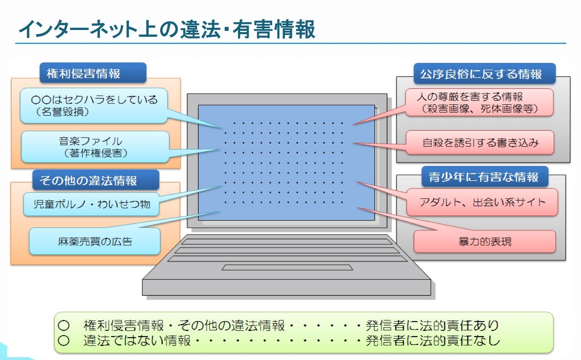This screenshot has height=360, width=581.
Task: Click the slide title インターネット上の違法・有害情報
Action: pyautogui.click(x=167, y=29)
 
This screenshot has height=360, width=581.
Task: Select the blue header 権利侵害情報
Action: pyautogui.click(x=93, y=73)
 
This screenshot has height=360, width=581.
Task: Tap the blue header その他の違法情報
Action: pyautogui.click(x=96, y=180)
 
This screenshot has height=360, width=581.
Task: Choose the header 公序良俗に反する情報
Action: pyautogui.click(x=484, y=74)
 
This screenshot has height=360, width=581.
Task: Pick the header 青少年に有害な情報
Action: pyautogui.click(x=485, y=177)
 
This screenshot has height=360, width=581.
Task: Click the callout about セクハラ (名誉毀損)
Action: pyautogui.click(x=94, y=105)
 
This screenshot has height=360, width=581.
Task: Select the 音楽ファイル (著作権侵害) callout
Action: pyautogui.click(x=95, y=147)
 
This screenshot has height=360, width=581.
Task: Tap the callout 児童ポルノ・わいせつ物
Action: pyautogui.click(x=91, y=204)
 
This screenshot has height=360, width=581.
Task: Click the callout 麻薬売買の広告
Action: pyautogui.click(x=95, y=242)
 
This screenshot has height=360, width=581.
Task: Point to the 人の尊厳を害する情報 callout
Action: pyautogui.click(x=479, y=102)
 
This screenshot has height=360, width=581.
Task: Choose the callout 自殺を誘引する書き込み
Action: pyautogui.click(x=480, y=142)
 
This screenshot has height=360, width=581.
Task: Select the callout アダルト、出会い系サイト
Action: pyautogui.click(x=482, y=202)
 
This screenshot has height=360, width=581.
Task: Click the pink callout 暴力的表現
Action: pyautogui.click(x=484, y=242)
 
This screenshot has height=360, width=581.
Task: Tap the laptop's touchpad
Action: pyautogui.click(x=287, y=267)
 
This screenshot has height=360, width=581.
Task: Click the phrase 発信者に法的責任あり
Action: pyautogui.click(x=432, y=325)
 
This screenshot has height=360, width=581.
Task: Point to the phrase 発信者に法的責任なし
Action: pyautogui.click(x=432, y=340)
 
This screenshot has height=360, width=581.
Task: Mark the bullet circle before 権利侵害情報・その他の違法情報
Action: pyautogui.click(x=64, y=325)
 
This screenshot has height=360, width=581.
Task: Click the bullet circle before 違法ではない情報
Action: pyautogui.click(x=64, y=340)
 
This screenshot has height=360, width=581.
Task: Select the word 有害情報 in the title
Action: pyautogui.click(x=274, y=29)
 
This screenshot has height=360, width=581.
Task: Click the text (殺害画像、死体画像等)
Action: pyautogui.click(x=479, y=109)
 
